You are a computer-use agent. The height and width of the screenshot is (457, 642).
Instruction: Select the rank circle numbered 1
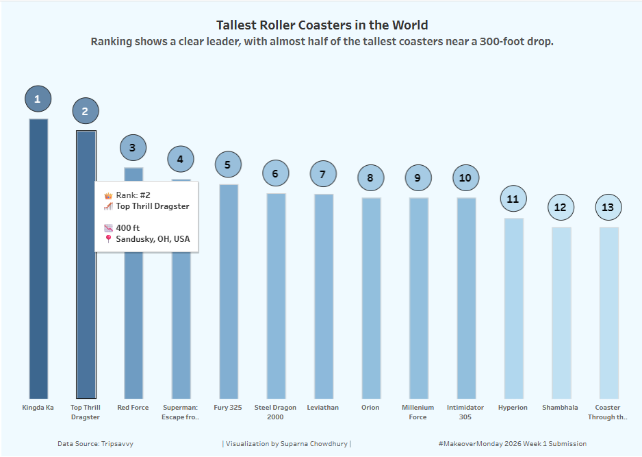[x=38, y=99]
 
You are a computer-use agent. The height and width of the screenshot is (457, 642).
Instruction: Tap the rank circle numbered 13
[x=608, y=207]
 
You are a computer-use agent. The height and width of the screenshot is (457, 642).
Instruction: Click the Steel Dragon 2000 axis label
[x=275, y=412]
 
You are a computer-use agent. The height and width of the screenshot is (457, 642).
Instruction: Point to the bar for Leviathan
[x=324, y=295]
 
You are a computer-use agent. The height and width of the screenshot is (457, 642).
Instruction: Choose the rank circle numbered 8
[x=370, y=178]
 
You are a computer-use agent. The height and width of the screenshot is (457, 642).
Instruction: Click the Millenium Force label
[x=418, y=412]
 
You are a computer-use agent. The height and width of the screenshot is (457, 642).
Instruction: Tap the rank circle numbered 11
[x=513, y=199]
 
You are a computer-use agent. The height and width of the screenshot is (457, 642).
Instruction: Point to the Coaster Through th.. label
[x=608, y=412]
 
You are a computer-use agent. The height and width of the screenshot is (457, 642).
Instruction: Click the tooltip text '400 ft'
[x=128, y=227]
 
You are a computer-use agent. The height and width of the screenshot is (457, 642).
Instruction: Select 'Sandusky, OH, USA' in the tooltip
[x=153, y=239]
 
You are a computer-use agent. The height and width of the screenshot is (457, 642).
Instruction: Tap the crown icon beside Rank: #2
[x=107, y=195]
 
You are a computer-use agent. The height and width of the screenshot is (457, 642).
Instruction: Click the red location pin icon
[x=107, y=239]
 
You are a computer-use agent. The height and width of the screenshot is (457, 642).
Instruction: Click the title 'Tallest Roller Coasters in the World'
[x=322, y=25]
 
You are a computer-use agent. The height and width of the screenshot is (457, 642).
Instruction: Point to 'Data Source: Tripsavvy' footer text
[x=95, y=444]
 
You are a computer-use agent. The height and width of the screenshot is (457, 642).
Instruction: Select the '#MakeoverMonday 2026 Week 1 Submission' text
[x=512, y=444]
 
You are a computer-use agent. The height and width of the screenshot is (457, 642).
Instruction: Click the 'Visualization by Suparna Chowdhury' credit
[x=286, y=444]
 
